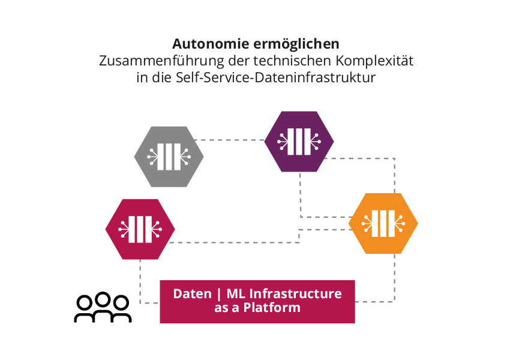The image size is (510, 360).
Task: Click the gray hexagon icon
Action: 169,157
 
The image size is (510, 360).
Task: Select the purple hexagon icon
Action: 299,141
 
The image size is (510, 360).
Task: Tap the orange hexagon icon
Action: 383,223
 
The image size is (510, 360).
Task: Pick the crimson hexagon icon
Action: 140,229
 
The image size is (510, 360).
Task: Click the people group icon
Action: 103,308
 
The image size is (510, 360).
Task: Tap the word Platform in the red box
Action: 275,308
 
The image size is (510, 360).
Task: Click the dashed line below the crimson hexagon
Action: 140,279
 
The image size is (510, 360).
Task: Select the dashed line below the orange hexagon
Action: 395,276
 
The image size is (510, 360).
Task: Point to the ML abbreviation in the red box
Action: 235,294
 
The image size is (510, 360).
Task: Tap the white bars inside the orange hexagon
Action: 383,223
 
